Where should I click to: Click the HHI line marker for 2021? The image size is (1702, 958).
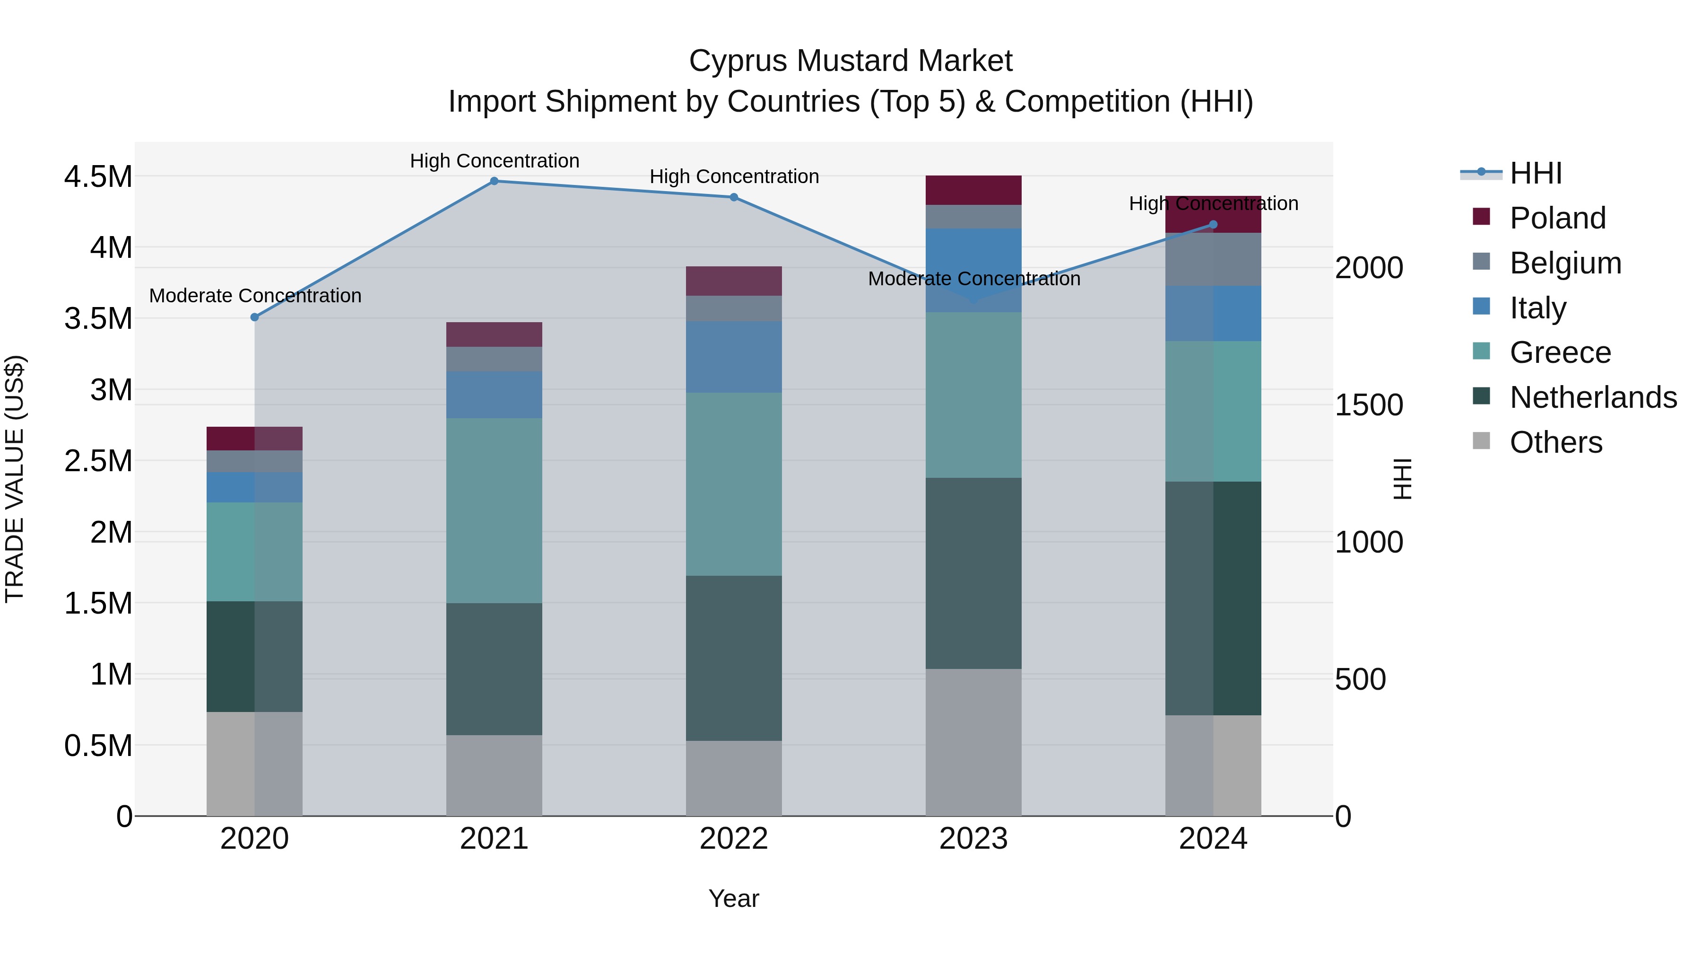tap(494, 181)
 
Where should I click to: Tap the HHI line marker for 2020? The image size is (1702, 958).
tap(254, 317)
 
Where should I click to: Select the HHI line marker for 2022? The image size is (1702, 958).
tap(733, 197)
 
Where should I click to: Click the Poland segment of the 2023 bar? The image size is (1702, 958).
tap(973, 190)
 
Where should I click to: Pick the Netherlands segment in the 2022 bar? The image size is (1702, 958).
tap(733, 658)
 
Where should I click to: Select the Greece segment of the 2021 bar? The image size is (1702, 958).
tap(494, 510)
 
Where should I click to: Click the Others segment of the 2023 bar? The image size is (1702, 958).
tap(973, 742)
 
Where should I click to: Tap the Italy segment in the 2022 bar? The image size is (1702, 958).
tap(733, 357)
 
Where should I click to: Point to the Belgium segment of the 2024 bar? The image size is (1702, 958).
tap(1213, 259)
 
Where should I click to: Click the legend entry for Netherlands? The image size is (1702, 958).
tap(1593, 397)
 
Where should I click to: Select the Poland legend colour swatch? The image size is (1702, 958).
tap(1481, 217)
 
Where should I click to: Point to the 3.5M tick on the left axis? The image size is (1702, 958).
tap(98, 319)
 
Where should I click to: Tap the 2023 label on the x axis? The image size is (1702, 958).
tap(973, 839)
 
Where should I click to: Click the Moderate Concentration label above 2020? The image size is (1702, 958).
tap(255, 296)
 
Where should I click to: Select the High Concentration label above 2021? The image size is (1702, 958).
tap(494, 161)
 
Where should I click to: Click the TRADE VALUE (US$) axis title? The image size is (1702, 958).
tap(15, 479)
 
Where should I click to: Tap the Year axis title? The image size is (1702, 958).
tap(733, 898)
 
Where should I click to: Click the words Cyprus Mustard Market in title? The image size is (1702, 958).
tap(851, 61)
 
